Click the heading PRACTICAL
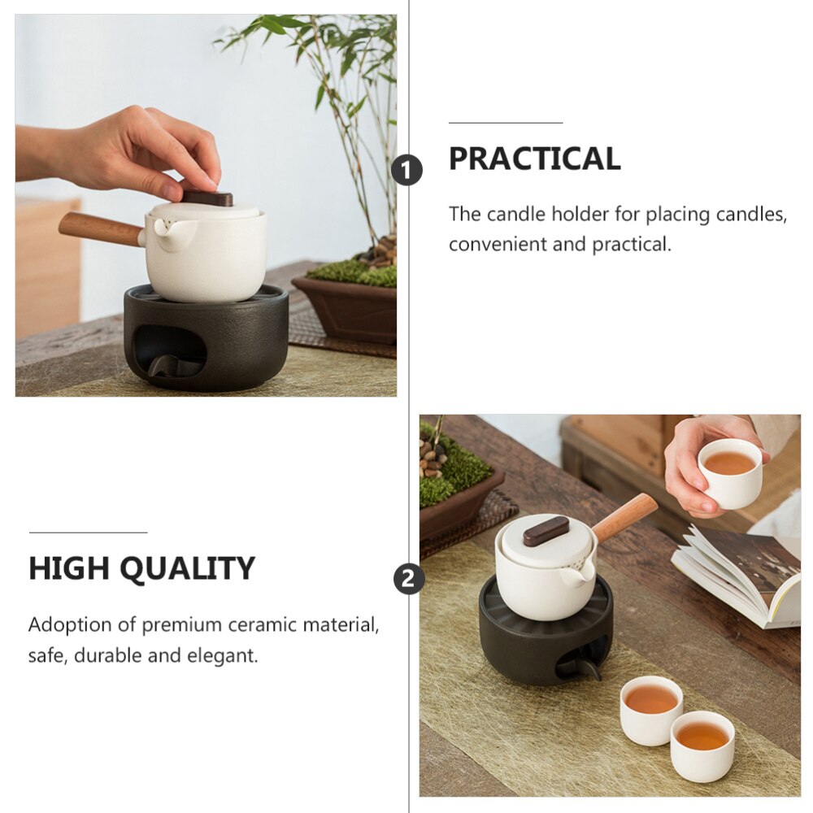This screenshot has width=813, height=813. (x=534, y=159)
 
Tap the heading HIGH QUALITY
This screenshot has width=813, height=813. (x=141, y=568)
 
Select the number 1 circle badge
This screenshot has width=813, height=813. (x=406, y=171)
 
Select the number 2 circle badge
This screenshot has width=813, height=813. (x=409, y=579)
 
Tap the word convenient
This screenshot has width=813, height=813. (x=497, y=245)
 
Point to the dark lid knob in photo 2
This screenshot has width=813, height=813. (x=546, y=530)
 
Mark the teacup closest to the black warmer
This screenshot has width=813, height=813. (x=651, y=708)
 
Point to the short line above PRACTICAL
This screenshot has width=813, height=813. (x=506, y=123)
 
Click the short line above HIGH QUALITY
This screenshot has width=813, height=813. (x=88, y=533)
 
